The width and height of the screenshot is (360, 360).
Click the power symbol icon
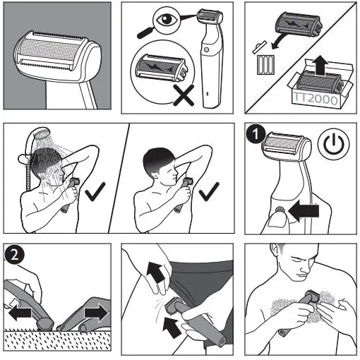[334, 143]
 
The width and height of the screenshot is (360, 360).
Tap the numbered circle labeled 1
[256, 134]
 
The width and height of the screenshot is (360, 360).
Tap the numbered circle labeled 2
[14, 255]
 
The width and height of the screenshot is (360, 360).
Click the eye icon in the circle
[166, 20]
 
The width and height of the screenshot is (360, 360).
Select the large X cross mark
[184, 95]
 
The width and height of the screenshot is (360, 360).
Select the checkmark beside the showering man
[95, 191]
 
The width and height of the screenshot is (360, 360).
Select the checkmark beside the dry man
[209, 191]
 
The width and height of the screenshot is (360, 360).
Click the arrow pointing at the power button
[304, 211]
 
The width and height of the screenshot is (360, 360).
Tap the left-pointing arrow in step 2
[20, 313]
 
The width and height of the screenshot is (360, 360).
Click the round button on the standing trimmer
[206, 49]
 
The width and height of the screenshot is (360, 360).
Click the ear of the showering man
[42, 176]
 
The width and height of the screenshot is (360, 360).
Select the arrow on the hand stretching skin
[155, 272]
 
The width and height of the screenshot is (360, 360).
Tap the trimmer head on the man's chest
[312, 296]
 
